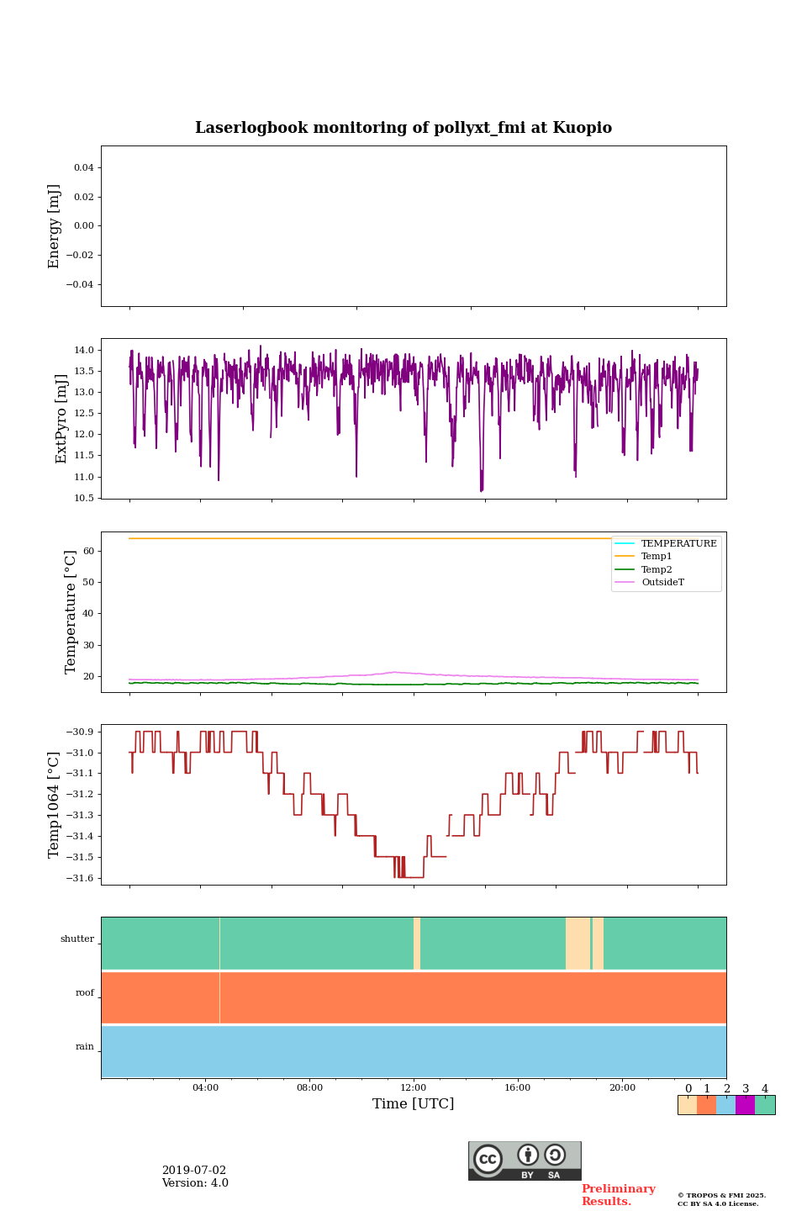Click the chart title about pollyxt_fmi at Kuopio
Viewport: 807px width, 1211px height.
point(403,128)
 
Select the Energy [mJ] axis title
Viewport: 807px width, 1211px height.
point(55,226)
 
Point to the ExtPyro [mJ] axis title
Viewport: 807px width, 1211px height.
point(61,419)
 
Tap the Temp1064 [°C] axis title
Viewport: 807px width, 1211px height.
point(55,805)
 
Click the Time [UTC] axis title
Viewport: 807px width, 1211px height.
point(414,1103)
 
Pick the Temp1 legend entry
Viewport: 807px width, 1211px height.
point(657,557)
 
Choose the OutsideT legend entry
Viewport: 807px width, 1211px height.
point(662,583)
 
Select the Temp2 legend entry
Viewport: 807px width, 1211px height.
point(657,569)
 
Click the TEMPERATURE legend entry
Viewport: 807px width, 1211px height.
point(678,544)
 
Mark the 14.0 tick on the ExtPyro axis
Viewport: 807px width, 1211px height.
point(84,351)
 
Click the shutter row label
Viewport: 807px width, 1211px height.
point(77,939)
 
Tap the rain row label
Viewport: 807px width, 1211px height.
point(85,1047)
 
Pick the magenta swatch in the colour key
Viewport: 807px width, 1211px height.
point(745,1105)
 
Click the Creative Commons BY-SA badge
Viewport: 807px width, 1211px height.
point(525,1161)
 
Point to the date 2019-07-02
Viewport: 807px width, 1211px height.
point(194,1171)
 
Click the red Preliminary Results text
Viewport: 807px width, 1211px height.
point(618,1195)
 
